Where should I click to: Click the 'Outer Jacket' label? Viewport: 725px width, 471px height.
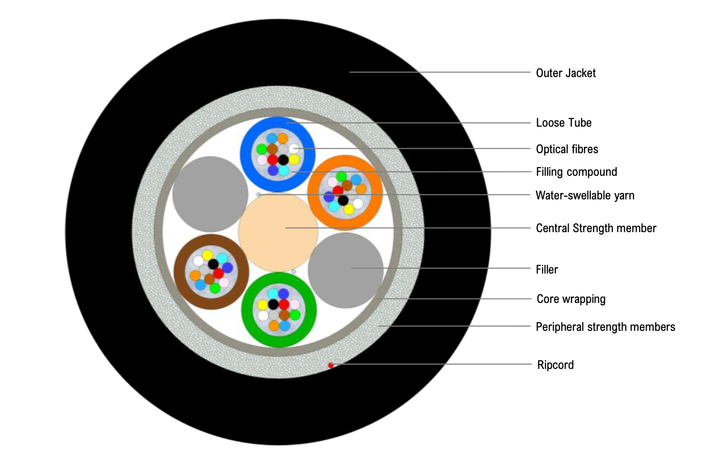pos(566,73)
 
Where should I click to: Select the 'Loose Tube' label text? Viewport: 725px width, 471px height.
pos(564,123)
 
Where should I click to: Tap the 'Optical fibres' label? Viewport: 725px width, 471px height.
pos(567,149)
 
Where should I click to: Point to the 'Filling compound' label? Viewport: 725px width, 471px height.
pos(576,172)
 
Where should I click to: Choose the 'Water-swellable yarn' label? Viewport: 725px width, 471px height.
pos(585,196)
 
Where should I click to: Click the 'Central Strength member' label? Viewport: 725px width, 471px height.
pos(596,228)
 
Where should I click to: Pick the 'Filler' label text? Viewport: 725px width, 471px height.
pos(547,270)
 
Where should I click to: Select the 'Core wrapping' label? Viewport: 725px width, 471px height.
pos(571,299)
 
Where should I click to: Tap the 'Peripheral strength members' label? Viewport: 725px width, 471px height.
pos(605,327)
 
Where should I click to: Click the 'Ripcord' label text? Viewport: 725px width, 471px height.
pos(556,365)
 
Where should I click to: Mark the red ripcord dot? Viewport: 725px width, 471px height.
pos(331,366)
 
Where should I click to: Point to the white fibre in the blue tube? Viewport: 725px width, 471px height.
pos(293,148)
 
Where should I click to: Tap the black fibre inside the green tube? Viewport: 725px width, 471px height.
pos(273,304)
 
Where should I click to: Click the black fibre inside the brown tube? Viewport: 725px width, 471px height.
pos(213,264)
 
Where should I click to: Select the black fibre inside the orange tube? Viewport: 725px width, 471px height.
pos(343,200)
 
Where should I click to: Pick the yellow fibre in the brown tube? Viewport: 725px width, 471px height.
pos(207,255)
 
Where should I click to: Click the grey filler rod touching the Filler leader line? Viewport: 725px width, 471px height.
pos(346,270)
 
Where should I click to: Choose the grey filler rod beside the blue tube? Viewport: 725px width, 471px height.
pos(210,194)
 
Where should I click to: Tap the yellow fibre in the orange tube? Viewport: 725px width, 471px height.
pos(349,209)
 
